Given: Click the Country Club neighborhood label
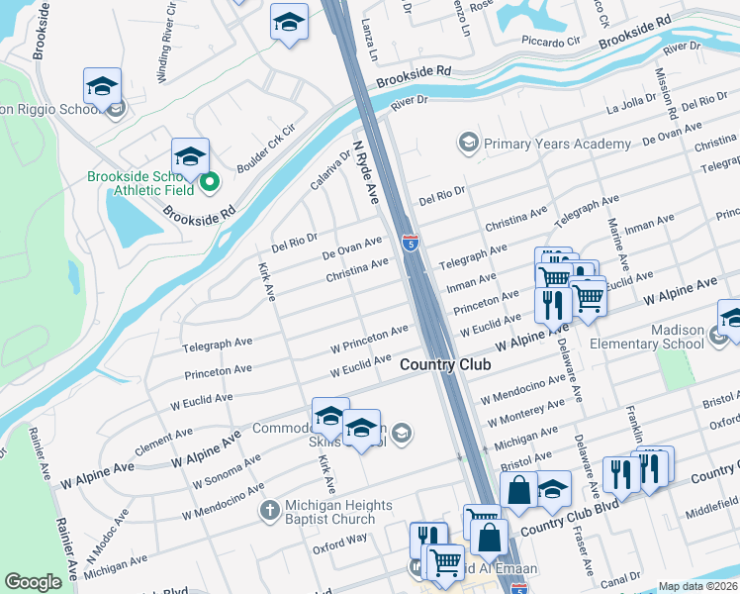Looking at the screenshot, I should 446,365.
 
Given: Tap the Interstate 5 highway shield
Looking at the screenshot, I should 411,242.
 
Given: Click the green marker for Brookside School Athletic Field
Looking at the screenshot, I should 210,182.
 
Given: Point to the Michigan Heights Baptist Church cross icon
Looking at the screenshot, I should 268,512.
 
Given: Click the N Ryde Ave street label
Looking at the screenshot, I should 367,174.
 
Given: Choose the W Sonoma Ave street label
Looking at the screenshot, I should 229,469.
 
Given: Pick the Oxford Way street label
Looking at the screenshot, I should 339,539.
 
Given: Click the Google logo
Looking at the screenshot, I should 33,582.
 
